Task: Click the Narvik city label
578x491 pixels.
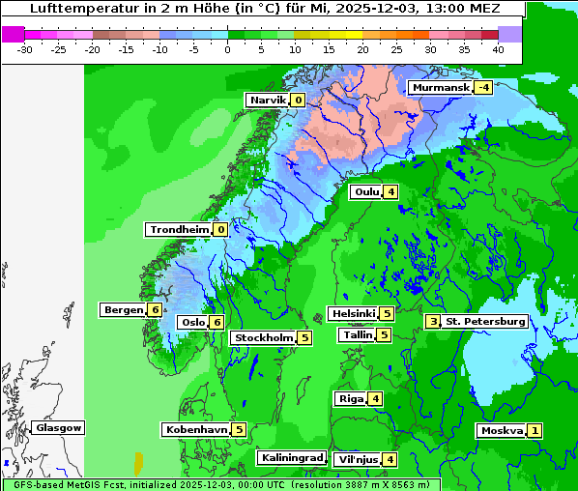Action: click(x=268, y=100)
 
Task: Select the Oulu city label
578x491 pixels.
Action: click(x=366, y=191)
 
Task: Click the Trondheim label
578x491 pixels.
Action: click(x=179, y=229)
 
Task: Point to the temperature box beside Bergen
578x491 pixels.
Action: click(x=155, y=309)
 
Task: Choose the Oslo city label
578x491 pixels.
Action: click(x=192, y=322)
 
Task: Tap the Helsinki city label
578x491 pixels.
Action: click(x=353, y=313)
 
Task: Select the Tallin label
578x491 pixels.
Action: click(x=358, y=334)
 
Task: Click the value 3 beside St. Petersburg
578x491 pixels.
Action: click(x=433, y=321)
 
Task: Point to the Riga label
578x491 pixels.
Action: click(x=350, y=398)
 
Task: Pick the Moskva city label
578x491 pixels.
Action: click(x=502, y=430)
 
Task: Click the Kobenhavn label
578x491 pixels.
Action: click(x=196, y=429)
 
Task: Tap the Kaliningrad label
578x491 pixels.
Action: click(x=291, y=457)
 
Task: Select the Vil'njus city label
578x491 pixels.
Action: click(x=356, y=459)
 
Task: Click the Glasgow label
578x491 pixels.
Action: click(x=59, y=427)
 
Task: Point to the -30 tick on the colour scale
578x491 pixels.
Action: click(x=25, y=48)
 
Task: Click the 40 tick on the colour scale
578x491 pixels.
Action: click(x=498, y=48)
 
